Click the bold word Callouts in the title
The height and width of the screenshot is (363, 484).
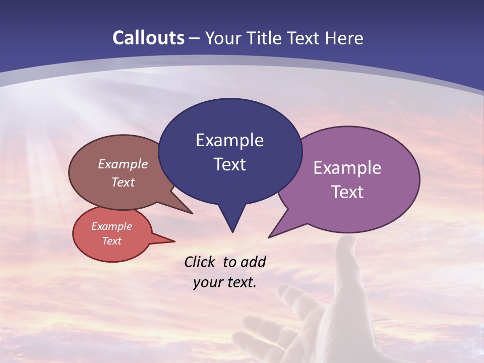pos(149,38)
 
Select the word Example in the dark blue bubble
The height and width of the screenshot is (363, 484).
pos(229,140)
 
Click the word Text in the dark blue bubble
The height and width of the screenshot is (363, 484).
pos(229,164)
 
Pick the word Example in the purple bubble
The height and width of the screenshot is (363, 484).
pos(347,168)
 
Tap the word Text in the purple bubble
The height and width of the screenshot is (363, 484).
pos(347,192)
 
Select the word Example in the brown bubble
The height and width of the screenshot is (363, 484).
pos(123,164)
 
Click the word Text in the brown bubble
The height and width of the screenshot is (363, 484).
pos(123,182)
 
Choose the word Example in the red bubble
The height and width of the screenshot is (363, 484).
pos(112,226)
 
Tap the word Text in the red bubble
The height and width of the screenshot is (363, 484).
pos(112,241)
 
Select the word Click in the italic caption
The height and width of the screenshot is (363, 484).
pos(201,262)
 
